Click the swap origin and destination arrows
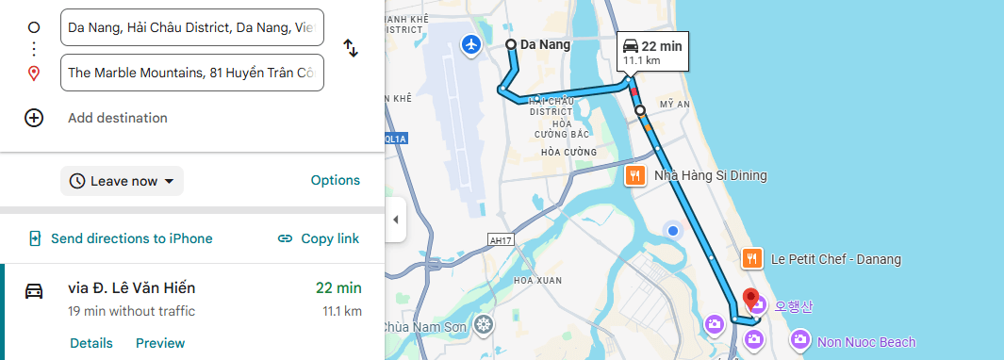click(350, 48)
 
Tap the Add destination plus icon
click(34, 118)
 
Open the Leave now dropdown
click(123, 181)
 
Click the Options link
click(335, 180)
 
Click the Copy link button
click(319, 238)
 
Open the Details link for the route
click(91, 343)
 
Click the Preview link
click(160, 343)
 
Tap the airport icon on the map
click(471, 44)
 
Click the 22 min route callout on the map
click(651, 52)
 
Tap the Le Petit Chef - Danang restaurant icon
click(751, 258)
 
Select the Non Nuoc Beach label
click(866, 342)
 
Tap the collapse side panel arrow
click(396, 220)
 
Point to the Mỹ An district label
click(675, 104)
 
